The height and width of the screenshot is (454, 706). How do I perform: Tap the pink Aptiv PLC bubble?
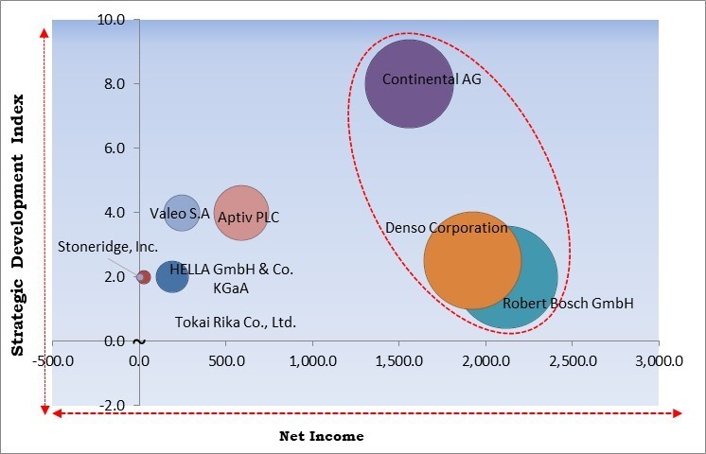click(241, 212)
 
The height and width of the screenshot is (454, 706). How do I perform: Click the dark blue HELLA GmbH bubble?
click(171, 277)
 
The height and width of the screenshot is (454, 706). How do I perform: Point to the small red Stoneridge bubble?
click(144, 277)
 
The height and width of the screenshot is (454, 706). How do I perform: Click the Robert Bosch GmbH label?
click(567, 304)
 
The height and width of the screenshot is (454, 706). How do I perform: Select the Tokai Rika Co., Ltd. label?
click(236, 323)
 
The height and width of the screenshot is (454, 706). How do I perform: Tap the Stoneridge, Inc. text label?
click(107, 247)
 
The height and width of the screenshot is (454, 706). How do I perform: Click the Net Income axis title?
click(321, 436)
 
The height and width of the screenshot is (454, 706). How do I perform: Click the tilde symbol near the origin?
click(139, 341)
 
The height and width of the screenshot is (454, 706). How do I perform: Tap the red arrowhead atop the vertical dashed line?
click(44, 34)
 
